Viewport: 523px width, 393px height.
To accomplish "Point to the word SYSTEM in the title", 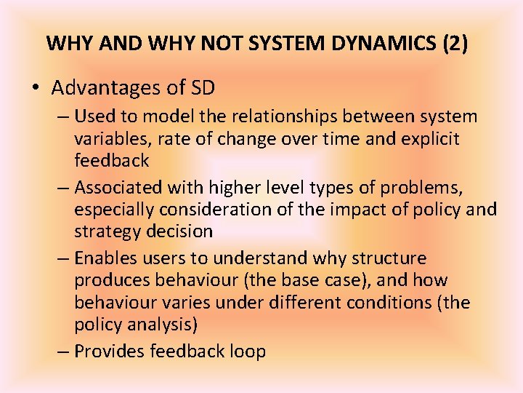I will (280, 43).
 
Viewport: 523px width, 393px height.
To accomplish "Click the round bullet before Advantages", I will (36, 89).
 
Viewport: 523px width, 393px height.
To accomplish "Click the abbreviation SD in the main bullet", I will (202, 88).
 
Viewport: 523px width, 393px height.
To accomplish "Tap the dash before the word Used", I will (64, 116).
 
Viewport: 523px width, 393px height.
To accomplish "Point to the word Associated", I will (119, 188).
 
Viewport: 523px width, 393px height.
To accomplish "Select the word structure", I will (390, 258).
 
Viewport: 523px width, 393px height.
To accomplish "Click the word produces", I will (110, 280).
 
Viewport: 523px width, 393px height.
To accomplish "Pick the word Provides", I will (110, 352).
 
